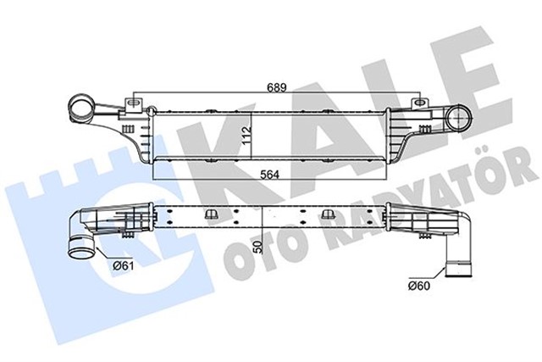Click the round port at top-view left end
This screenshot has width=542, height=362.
click(83, 109)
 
